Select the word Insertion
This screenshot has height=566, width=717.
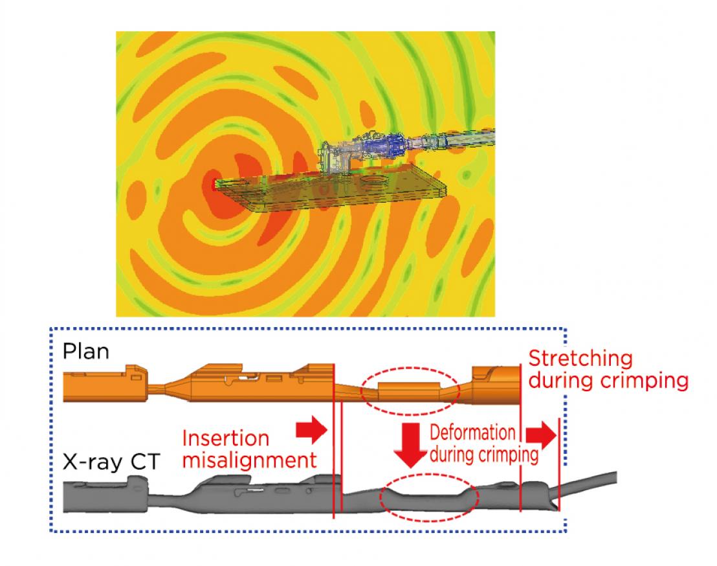click(x=225, y=438)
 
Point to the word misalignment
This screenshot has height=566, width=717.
click(x=250, y=460)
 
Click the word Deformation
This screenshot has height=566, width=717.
click(x=473, y=433)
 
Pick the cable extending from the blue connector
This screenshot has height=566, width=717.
click(x=453, y=140)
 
